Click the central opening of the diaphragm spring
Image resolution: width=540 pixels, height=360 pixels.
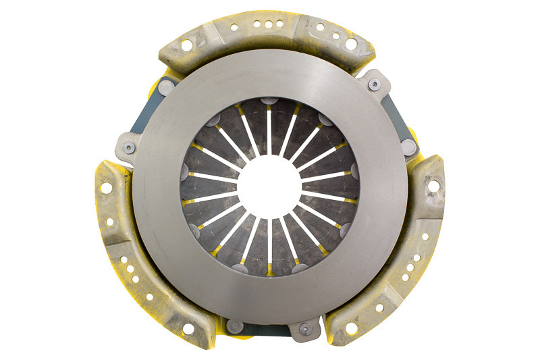click(269, 186)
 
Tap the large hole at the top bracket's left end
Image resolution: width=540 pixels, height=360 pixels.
click(186, 45)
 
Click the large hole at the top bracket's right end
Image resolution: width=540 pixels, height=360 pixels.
click(351, 44)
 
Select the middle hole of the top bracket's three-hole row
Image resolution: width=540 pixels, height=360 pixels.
click(269, 24)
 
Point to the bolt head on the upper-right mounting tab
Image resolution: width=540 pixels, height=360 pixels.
click(374, 85)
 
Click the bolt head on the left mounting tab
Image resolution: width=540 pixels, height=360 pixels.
click(129, 147)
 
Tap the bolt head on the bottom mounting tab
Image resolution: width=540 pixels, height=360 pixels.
click(304, 329)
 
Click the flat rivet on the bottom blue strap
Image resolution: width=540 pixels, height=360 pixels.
click(234, 326)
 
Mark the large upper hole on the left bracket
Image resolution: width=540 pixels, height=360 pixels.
click(106, 188)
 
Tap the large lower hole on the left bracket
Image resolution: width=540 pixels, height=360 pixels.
click(187, 329)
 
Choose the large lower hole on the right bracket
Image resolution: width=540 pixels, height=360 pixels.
click(351, 328)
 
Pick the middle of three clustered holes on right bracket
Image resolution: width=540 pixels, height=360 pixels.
click(410, 267)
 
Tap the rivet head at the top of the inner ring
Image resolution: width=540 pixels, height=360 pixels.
click(269, 101)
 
